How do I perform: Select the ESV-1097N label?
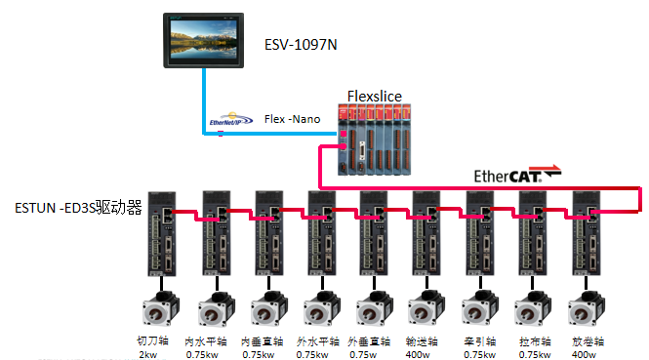pos(302,45)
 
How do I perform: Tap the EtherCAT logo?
pos(517,176)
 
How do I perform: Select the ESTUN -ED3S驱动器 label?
pos(79,208)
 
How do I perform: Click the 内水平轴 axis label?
pos(214,341)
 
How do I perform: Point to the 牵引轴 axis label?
pos(480,341)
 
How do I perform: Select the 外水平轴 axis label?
pos(320,341)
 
